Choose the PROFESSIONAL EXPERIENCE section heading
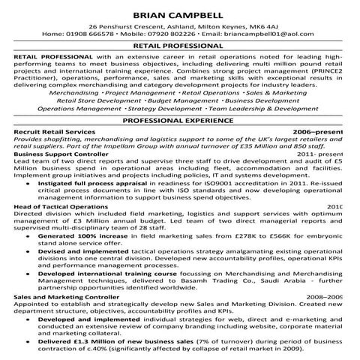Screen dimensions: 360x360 (179, 120)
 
